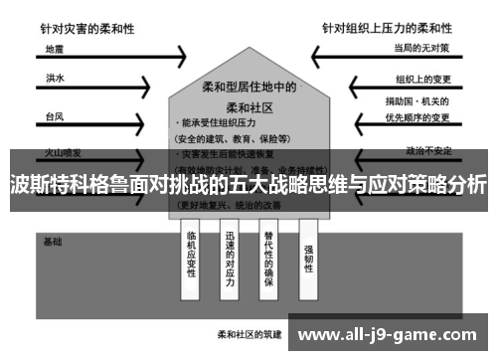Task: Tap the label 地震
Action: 55,48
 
